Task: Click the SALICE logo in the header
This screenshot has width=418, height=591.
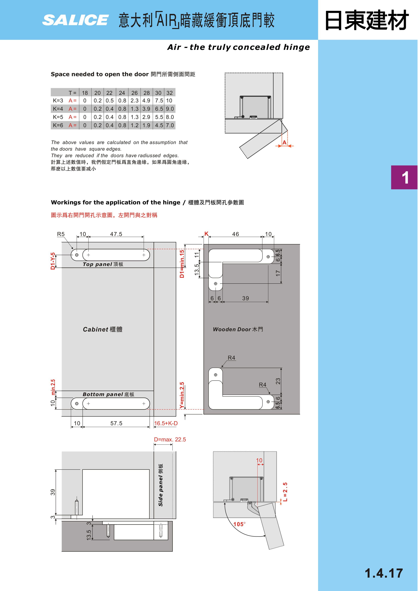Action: point(75,20)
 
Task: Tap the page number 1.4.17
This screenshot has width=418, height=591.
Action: point(383,573)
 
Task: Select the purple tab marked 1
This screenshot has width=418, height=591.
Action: point(404,177)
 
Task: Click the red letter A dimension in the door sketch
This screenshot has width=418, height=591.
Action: point(284,142)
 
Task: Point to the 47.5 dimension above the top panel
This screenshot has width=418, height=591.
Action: point(116,234)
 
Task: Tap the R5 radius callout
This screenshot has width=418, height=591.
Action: point(61,234)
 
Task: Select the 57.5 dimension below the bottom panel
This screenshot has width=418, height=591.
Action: point(116,423)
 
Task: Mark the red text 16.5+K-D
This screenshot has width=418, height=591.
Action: point(166,423)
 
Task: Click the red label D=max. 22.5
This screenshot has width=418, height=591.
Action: point(170,440)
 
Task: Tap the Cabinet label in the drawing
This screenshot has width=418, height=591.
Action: point(103,329)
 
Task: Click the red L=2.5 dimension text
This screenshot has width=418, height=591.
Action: point(285,492)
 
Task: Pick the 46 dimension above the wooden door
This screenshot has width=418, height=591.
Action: point(236,234)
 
